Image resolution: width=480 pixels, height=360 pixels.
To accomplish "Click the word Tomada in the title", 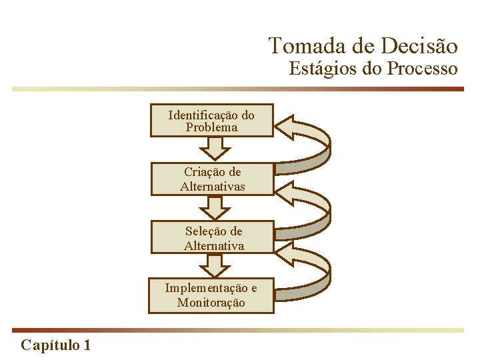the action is (x=300, y=46).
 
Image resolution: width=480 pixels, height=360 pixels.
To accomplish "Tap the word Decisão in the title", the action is (x=420, y=46).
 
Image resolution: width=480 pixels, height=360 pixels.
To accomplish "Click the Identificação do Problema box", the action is (x=211, y=121).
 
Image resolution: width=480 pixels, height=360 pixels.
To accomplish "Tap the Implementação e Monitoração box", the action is (x=211, y=295).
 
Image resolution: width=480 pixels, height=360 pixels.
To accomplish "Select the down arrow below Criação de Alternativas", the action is (x=213, y=207).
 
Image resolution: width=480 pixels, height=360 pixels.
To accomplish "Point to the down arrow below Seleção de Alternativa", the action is (x=213, y=265).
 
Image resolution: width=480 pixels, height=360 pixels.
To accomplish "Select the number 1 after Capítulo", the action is (x=87, y=345).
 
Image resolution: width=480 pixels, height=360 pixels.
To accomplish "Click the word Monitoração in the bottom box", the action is (x=211, y=303).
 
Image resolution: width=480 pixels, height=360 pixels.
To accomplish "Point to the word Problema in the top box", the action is (x=211, y=127).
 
